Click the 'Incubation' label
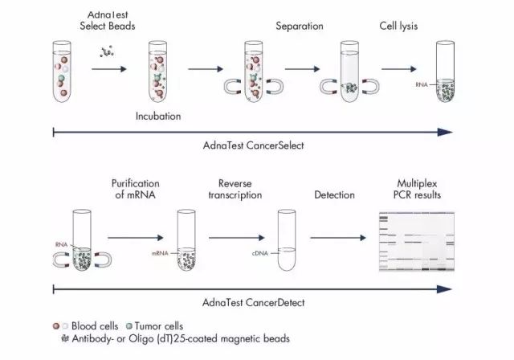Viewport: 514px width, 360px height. pyautogui.click(x=157, y=117)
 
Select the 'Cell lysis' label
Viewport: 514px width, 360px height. pyautogui.click(x=398, y=27)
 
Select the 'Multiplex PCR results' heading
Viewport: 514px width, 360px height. pyautogui.click(x=423, y=190)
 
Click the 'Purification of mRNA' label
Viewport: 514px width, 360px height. pyautogui.click(x=136, y=190)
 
